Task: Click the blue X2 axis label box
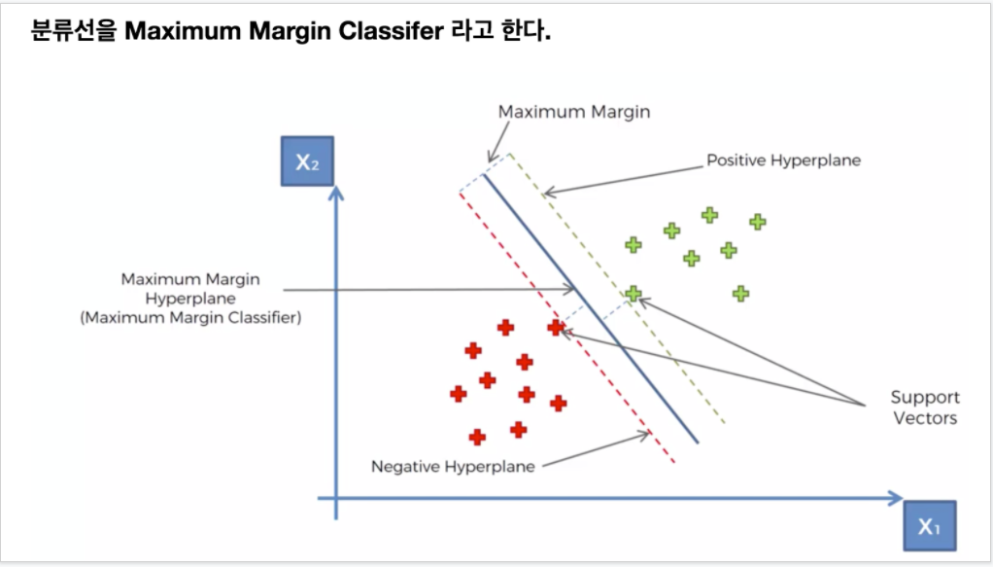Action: [307, 161]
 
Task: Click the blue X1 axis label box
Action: [929, 526]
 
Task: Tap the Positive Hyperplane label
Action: [783, 159]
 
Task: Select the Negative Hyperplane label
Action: [453, 467]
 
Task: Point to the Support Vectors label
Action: [925, 408]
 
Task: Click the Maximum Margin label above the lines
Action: [573, 112]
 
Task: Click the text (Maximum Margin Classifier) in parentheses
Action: [190, 318]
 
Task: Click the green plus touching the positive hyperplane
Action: [633, 293]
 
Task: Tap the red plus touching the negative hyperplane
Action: [556, 328]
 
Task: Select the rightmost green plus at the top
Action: [758, 221]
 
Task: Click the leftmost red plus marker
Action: [458, 394]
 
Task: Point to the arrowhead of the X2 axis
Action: [336, 191]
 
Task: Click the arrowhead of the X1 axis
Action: [895, 498]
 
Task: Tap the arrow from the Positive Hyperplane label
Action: [622, 177]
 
